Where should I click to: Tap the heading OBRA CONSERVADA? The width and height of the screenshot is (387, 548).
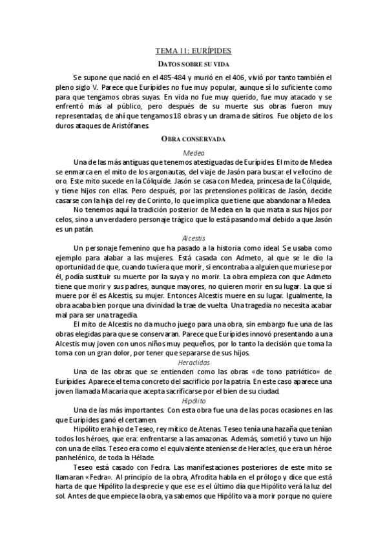tap(193, 138)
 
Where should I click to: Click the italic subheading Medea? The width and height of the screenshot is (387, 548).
tap(193, 152)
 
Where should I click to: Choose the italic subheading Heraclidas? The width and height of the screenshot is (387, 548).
tap(193, 363)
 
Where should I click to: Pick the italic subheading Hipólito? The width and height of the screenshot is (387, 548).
tap(193, 400)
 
